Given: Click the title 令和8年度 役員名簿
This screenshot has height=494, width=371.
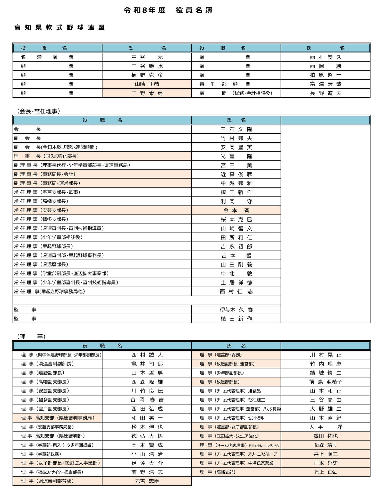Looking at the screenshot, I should click(168, 10).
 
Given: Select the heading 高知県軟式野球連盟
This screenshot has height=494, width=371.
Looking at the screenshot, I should click(60, 28).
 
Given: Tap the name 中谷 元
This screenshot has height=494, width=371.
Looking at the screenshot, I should click(147, 57).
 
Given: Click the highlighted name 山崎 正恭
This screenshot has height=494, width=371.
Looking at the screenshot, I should click(147, 84).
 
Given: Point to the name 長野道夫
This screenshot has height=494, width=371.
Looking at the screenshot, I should click(325, 93).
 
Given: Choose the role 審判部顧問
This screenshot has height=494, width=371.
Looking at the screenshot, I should click(225, 84).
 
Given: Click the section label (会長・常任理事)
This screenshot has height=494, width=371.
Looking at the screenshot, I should click(39, 111).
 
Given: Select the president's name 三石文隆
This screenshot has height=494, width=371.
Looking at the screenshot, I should click(236, 129).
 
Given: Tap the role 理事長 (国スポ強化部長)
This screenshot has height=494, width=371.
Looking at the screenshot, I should click(46, 156).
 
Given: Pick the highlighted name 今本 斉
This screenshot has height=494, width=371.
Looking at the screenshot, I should click(236, 211).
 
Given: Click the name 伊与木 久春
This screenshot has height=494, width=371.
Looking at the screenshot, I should click(236, 310).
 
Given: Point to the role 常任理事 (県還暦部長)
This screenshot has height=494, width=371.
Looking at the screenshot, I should click(41, 265).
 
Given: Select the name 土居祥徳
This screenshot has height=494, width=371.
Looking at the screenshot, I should click(236, 283).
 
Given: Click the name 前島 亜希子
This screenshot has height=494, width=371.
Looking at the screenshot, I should click(325, 382).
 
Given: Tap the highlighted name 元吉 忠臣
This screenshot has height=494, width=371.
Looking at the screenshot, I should click(147, 481).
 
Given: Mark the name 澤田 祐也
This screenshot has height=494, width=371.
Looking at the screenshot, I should click(325, 436).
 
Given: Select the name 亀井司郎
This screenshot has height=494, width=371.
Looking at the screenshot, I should click(147, 364).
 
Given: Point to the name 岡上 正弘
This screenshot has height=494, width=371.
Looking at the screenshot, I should click(325, 472).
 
